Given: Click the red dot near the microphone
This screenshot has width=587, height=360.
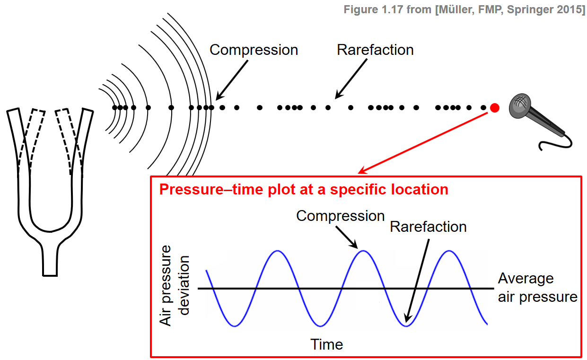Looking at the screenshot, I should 494,108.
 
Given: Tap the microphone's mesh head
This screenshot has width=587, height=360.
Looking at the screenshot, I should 519,105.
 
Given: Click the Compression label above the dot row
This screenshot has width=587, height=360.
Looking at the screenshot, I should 254,50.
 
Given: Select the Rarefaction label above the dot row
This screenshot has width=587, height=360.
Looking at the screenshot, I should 375,50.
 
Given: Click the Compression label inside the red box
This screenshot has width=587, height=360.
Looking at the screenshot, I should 340,216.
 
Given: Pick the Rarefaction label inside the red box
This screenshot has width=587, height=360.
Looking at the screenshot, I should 428,227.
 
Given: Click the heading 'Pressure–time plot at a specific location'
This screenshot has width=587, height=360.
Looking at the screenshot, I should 304,190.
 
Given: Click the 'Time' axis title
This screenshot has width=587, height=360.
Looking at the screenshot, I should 326,344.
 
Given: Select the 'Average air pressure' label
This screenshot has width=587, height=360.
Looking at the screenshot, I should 537,288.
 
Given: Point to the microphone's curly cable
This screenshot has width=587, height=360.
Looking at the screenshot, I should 559,142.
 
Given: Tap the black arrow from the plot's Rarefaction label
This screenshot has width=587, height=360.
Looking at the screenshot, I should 418,279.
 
